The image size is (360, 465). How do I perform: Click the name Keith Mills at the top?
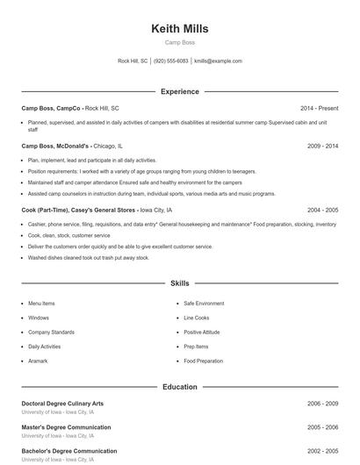point(179,28)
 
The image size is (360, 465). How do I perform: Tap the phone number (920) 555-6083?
point(171,61)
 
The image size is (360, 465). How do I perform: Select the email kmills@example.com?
point(218,61)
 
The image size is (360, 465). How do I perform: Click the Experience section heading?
point(179,91)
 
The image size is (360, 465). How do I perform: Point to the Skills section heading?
point(179,283)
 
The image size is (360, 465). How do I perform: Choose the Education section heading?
point(179,386)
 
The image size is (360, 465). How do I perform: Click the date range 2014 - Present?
point(319,108)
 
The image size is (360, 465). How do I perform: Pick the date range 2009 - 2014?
point(322,146)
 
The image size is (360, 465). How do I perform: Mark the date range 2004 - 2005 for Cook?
point(322,211)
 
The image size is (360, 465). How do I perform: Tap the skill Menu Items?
point(41,304)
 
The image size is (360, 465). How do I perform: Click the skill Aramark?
point(37,361)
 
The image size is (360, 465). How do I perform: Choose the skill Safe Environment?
point(204,304)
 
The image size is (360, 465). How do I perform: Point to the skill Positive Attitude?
point(202,333)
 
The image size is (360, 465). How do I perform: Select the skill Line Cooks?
point(197,318)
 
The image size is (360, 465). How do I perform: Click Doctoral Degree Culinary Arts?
point(62,404)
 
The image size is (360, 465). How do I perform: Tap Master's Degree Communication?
point(66,427)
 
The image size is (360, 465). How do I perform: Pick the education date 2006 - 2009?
point(322,404)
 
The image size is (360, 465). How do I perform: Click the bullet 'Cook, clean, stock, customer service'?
point(68,235)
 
